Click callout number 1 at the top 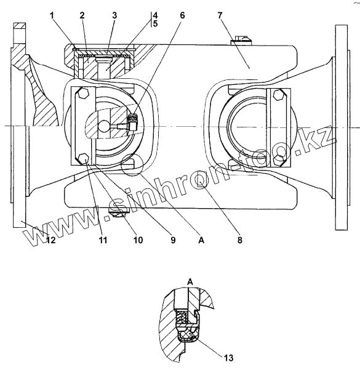52,15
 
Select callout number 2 82,15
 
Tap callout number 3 114,15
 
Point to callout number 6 182,15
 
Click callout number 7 220,15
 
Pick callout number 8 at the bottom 239,240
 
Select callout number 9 173,240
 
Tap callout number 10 138,240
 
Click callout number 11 103,240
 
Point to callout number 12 50,240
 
